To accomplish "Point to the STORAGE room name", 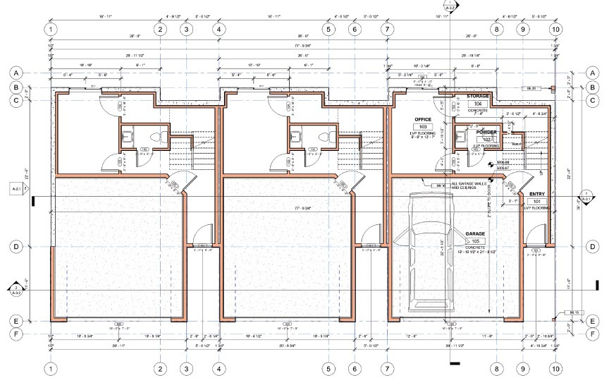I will (478, 96).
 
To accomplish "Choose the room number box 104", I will (478, 103).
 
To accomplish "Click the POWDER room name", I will (486, 132).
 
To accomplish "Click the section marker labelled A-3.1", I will (585, 197).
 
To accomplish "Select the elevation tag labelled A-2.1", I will (16, 189).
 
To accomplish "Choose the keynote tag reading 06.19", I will (563, 312).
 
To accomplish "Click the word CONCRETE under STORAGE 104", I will (478, 109).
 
